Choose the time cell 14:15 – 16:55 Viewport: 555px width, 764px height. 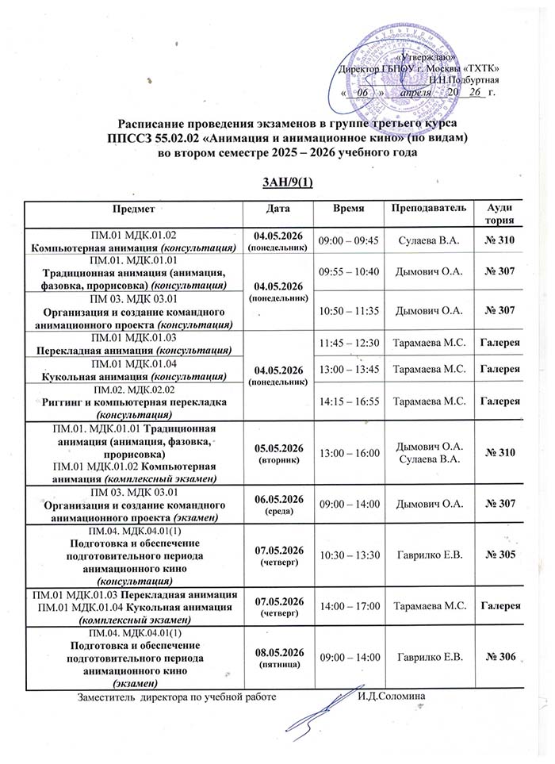click(x=349, y=401)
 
